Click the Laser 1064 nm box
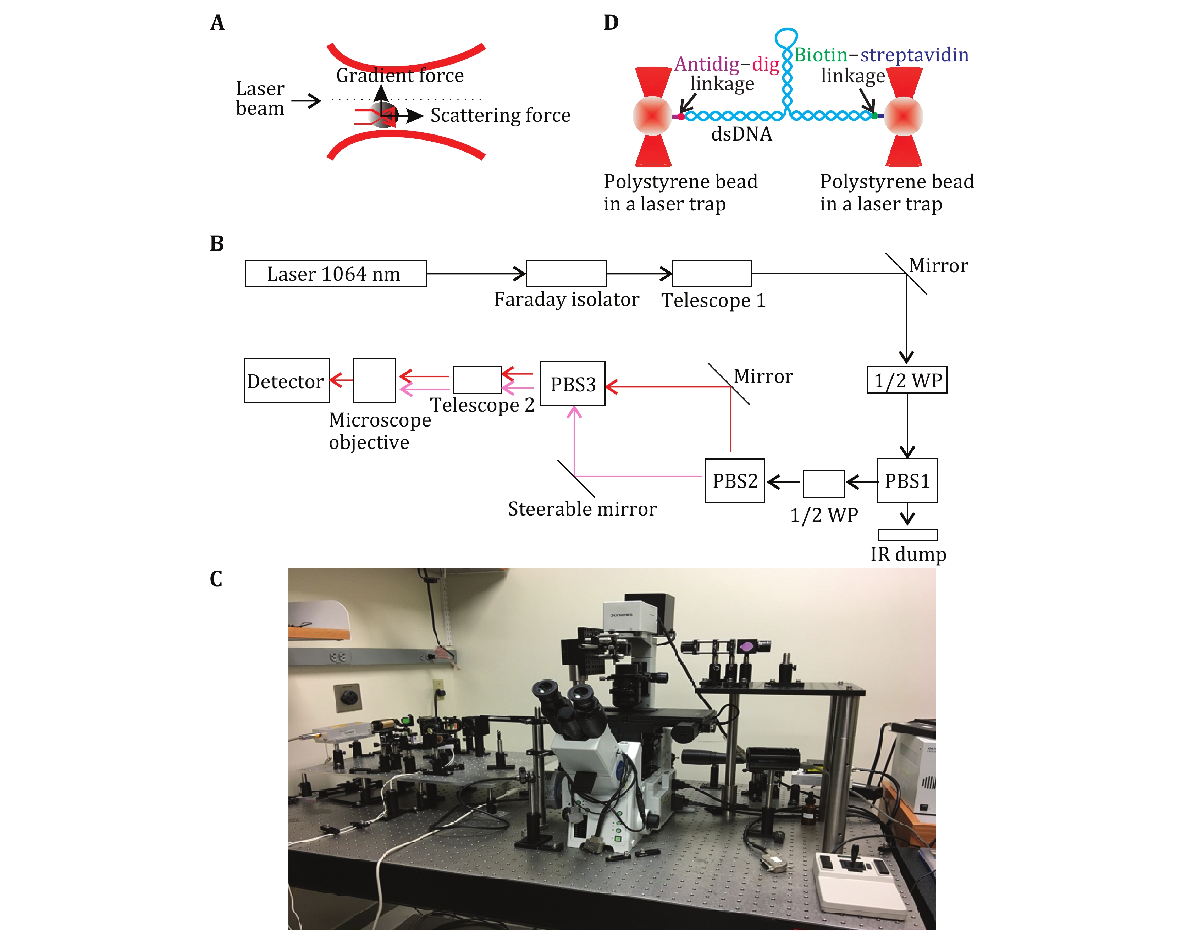(335, 274)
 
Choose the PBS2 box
(734, 481)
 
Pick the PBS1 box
(907, 481)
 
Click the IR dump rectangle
(907, 535)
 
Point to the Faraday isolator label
(566, 299)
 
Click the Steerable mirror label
(582, 509)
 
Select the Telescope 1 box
(711, 274)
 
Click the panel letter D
(611, 23)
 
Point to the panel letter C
(216, 579)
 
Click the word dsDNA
(741, 134)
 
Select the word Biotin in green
(820, 55)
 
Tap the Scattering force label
(500, 115)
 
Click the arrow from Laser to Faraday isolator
(476, 273)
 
